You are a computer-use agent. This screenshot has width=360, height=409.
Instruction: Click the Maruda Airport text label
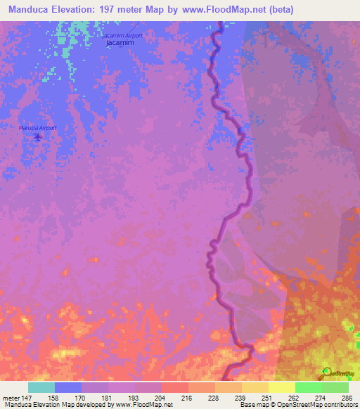(x=37, y=128)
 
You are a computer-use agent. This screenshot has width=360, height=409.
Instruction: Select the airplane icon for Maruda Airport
(x=37, y=136)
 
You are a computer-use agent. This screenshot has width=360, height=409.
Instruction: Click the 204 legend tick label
(x=161, y=397)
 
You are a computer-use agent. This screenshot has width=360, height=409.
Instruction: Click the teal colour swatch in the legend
(x=41, y=387)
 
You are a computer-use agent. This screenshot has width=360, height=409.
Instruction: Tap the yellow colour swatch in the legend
(x=281, y=387)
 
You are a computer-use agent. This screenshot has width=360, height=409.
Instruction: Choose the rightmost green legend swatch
(x=335, y=387)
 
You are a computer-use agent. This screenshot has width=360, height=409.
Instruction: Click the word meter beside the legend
(x=8, y=397)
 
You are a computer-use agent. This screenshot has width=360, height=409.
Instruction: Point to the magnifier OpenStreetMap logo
(x=327, y=373)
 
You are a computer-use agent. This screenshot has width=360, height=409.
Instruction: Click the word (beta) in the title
(x=278, y=9)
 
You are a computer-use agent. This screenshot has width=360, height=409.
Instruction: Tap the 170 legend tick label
(x=81, y=397)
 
